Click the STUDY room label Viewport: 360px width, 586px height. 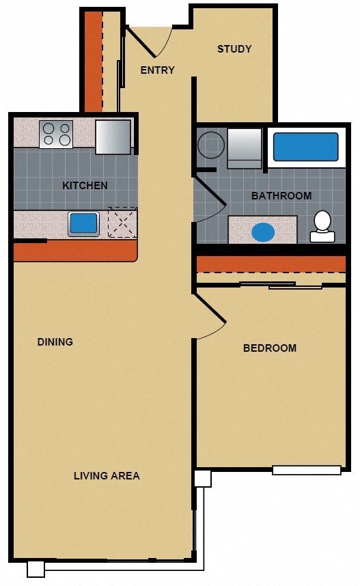click(234, 49)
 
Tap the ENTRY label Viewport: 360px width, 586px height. click(157, 70)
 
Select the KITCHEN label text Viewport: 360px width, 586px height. click(85, 186)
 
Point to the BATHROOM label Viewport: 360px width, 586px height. click(281, 196)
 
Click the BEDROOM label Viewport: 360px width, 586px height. click(270, 348)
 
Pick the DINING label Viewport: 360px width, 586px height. click(55, 341)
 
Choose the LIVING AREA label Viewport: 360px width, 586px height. click(107, 475)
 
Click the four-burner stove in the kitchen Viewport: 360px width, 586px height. click(56, 134)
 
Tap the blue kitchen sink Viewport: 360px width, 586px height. click(83, 223)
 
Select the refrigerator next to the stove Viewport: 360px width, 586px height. click(113, 137)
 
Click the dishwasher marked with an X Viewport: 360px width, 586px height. click(122, 223)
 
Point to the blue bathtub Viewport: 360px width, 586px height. click(305, 147)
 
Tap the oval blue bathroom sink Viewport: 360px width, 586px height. click(263, 232)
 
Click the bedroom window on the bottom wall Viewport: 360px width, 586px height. click(307, 470)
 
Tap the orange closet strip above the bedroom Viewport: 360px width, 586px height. click(271, 264)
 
